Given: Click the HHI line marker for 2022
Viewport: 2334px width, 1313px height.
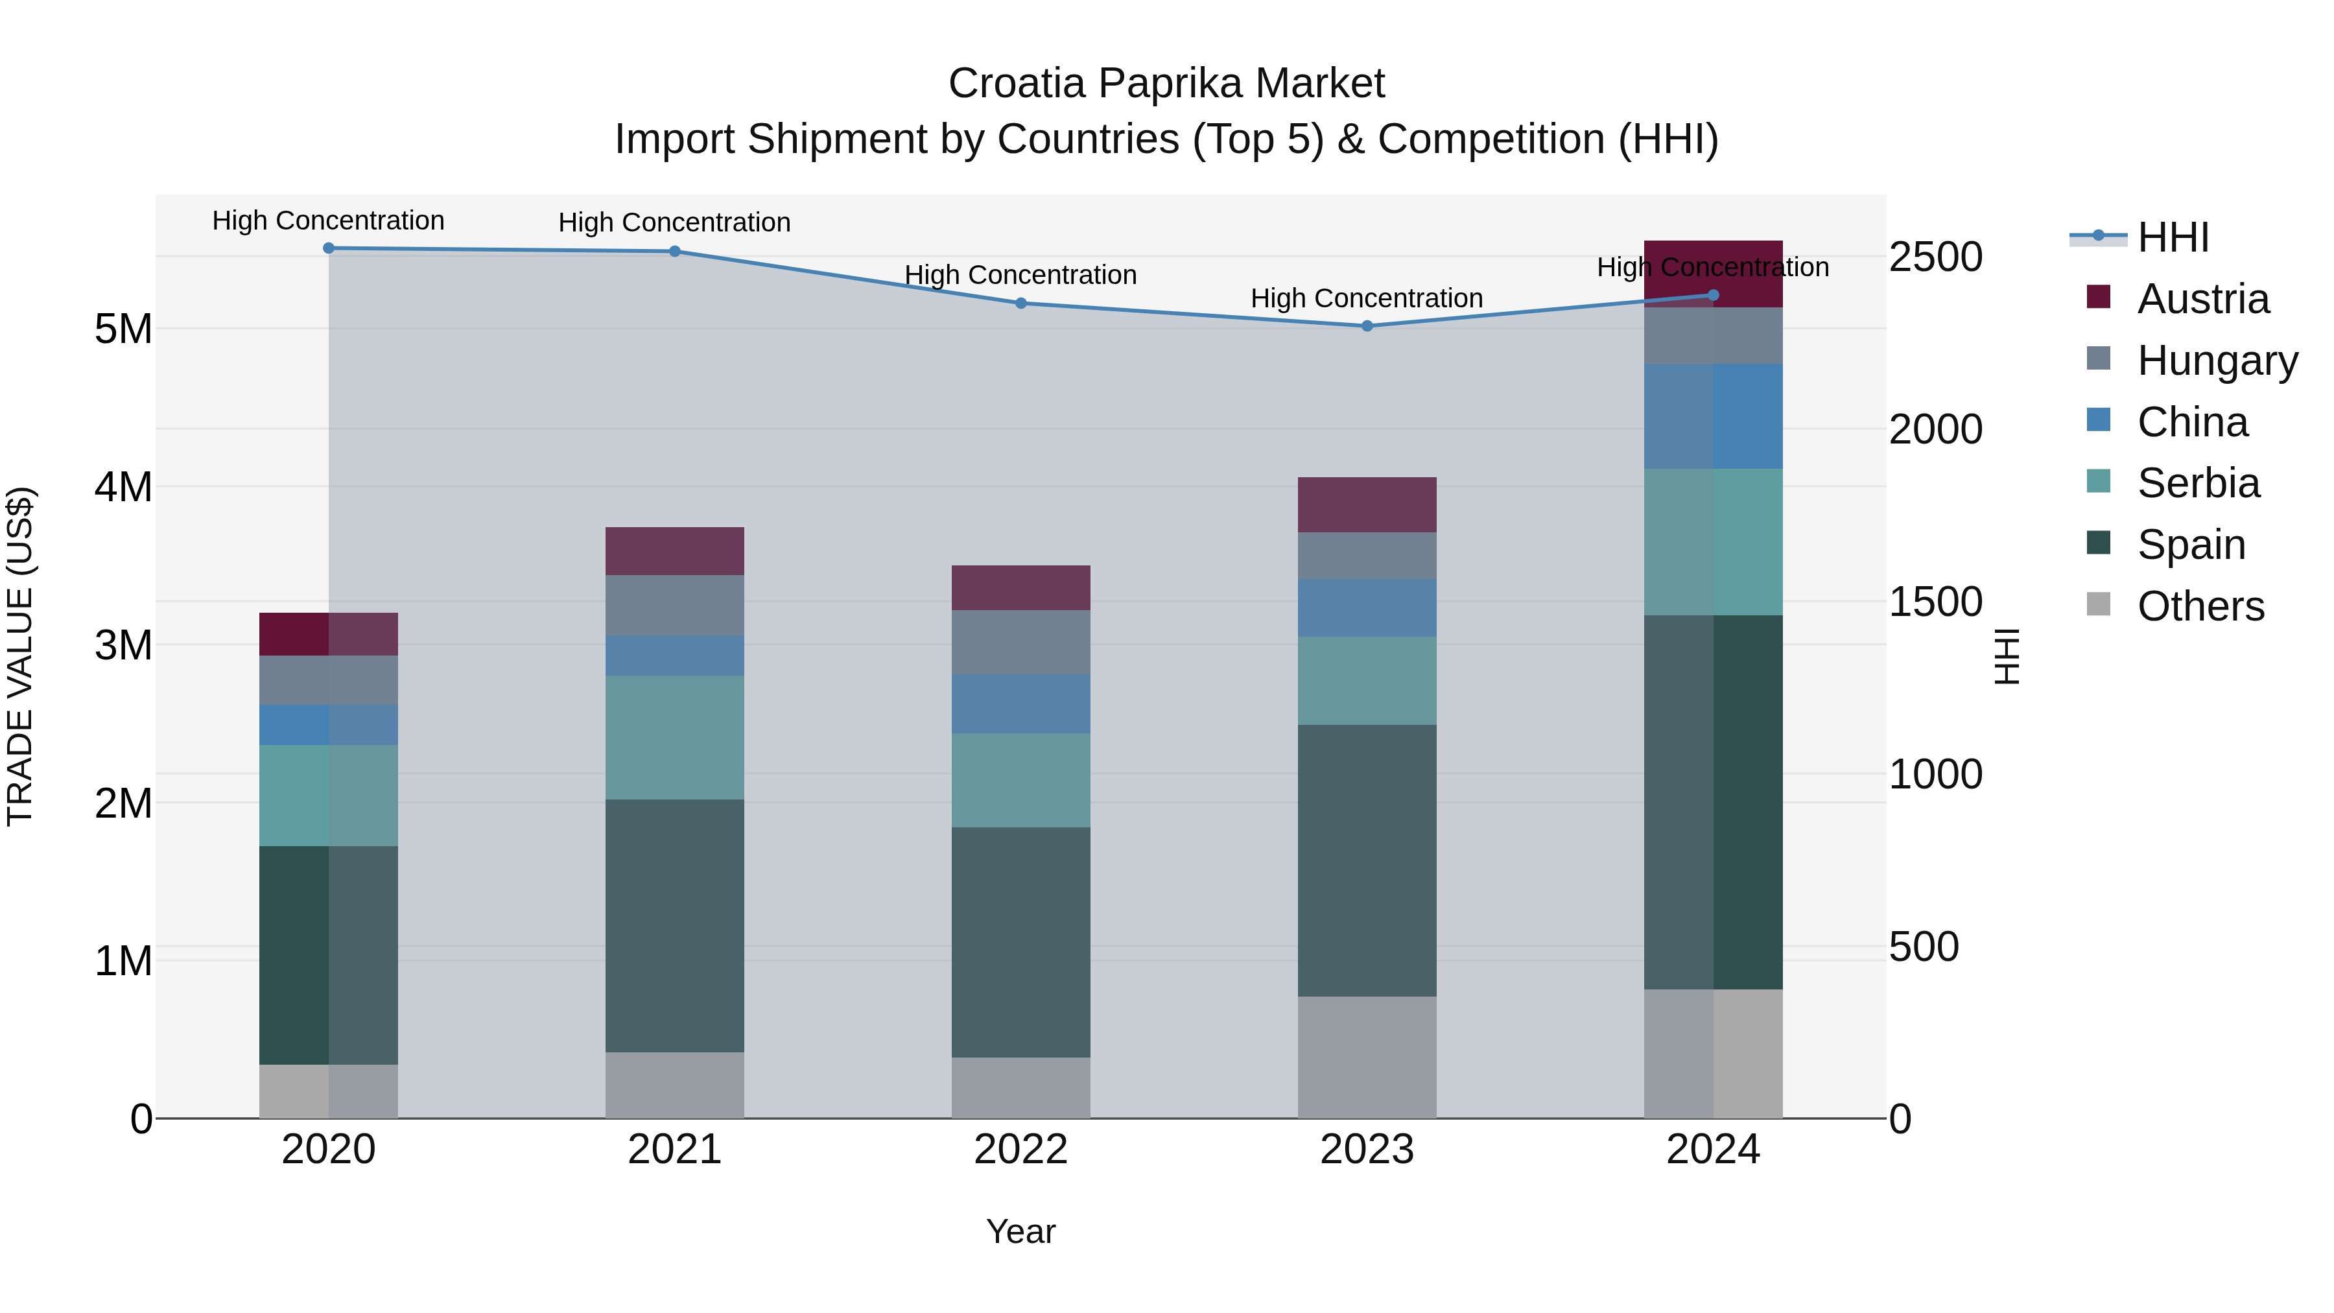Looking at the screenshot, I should click(1020, 303).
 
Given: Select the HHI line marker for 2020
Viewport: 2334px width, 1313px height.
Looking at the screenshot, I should click(329, 248).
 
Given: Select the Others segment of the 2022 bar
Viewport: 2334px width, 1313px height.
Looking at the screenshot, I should click(1020, 1087).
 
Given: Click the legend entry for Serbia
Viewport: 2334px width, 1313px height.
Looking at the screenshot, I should click(2197, 483).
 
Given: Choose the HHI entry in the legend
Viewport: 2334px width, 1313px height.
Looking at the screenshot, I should click(2172, 237).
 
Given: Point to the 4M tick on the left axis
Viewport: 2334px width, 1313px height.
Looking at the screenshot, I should click(123, 486).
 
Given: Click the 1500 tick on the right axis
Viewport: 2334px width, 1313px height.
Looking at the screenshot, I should click(1935, 602).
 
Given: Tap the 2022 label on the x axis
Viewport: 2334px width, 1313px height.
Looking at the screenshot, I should click(1020, 1149).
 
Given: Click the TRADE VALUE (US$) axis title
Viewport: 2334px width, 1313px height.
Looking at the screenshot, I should click(20, 656).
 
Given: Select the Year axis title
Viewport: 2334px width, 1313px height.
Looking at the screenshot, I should click(1020, 1231).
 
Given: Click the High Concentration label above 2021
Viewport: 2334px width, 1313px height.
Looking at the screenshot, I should click(674, 222).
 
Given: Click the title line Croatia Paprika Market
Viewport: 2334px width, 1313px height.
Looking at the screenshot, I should click(1166, 84).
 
